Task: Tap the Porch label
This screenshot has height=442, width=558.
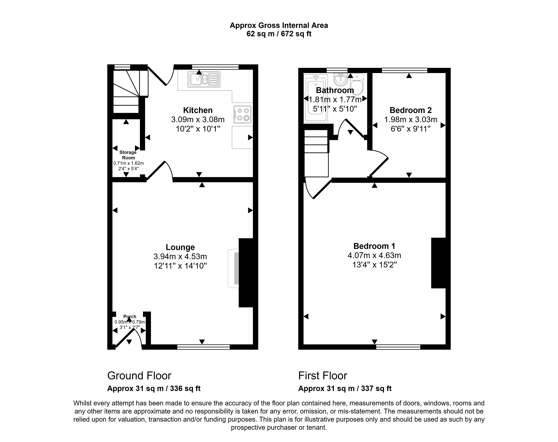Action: (130, 316)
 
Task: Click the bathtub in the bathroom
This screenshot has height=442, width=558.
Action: (316, 98)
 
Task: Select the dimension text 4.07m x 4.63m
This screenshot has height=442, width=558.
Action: (374, 255)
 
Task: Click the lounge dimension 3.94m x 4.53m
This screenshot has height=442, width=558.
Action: (180, 256)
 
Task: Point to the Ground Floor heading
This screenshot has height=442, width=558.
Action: (139, 376)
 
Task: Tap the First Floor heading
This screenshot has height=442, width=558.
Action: (323, 376)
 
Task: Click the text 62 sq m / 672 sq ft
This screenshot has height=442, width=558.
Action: (279, 34)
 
